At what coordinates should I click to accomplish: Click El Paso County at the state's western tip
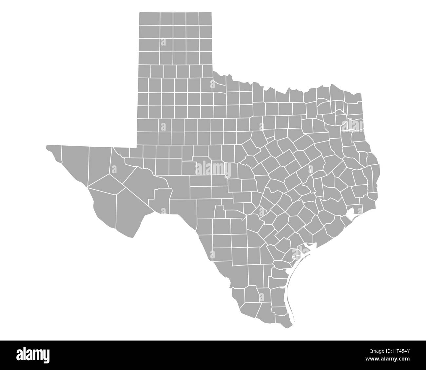click(x=54, y=152)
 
